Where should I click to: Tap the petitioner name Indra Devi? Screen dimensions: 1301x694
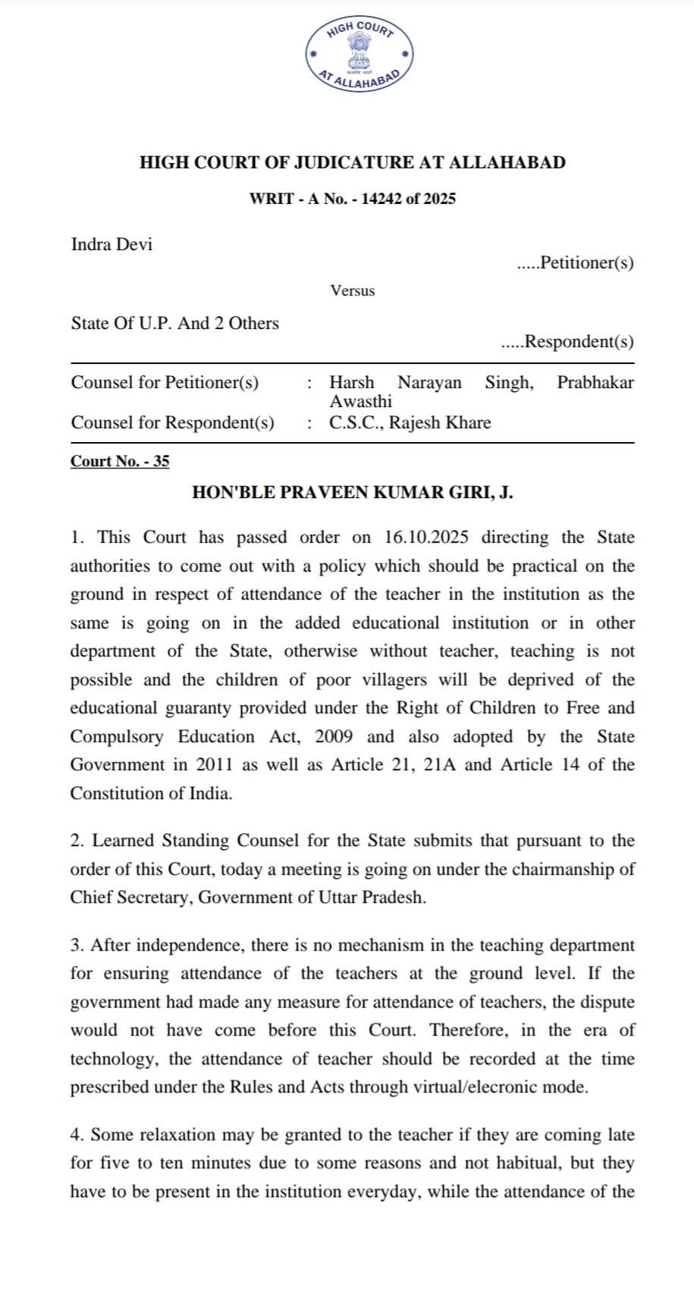pos(111,244)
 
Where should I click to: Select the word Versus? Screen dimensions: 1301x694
pos(352,290)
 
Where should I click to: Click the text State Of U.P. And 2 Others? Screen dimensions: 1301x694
pos(174,323)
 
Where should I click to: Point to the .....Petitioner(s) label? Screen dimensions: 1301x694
pos(575,262)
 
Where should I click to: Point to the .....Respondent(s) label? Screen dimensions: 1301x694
pos(567,341)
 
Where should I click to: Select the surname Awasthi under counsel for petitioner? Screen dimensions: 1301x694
pos(361,401)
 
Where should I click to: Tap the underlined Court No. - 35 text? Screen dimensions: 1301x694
pos(120,461)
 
